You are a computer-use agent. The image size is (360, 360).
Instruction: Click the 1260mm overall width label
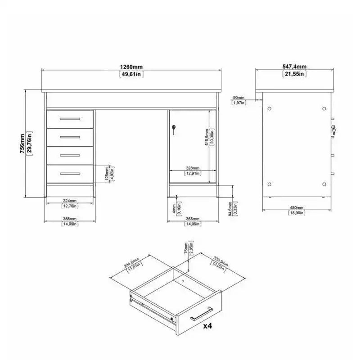click(131, 67)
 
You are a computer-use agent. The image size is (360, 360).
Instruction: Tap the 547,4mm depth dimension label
click(295, 67)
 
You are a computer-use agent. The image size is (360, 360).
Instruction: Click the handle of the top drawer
click(70, 119)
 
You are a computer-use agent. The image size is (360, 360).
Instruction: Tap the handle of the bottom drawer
click(70, 173)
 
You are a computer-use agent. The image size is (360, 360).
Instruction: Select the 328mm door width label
click(192, 168)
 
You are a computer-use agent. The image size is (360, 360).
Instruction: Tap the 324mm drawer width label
click(70, 200)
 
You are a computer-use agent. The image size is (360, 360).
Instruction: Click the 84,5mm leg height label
click(230, 208)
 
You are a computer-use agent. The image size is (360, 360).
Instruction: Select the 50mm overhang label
click(238, 98)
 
